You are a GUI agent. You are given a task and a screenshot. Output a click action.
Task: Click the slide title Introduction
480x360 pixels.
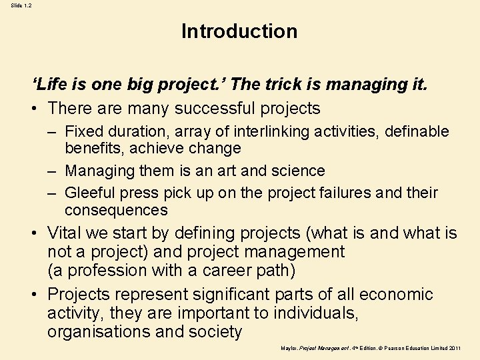point(239,31)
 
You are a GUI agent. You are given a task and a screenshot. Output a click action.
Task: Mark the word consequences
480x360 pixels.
point(117,210)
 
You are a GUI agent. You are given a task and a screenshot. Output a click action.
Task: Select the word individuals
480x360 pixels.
point(299,313)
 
